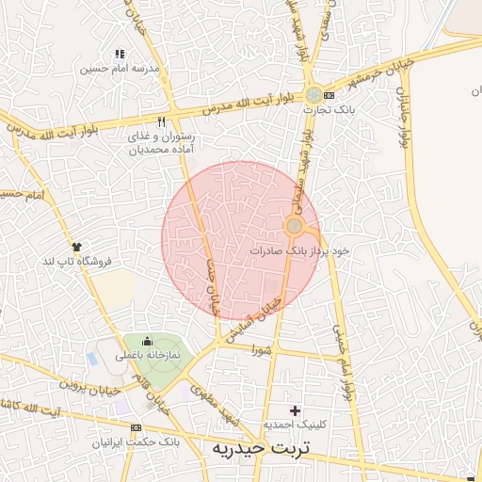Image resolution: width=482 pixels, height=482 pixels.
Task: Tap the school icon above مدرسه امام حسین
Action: pyautogui.click(x=119, y=55)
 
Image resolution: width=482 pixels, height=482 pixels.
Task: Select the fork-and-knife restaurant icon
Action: pyautogui.click(x=161, y=121)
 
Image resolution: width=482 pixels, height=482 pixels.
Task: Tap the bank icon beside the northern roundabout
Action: pyautogui.click(x=328, y=95)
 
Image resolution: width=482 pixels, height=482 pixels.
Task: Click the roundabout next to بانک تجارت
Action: pyautogui.click(x=313, y=95)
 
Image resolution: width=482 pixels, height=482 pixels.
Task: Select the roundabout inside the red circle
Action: pyautogui.click(x=294, y=226)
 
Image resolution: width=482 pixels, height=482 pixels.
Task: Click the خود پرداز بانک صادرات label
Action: pyautogui.click(x=300, y=251)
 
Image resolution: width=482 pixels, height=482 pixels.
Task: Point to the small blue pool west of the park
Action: pyautogui.click(x=92, y=360)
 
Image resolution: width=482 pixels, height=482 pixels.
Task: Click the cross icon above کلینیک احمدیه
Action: pyautogui.click(x=296, y=410)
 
